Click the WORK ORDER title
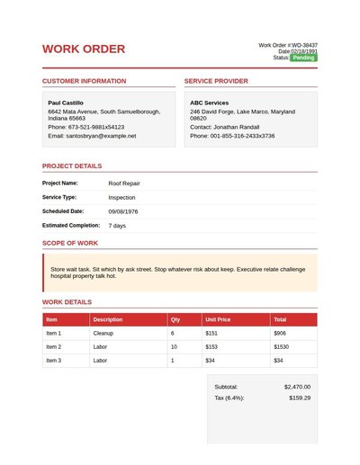(x=84, y=49)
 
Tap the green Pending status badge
(x=303, y=58)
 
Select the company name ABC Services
(x=209, y=103)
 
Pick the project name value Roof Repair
(x=124, y=183)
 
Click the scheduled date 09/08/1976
(x=123, y=210)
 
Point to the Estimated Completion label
(x=71, y=225)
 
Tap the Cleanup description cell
(x=103, y=333)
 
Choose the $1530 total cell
(x=281, y=346)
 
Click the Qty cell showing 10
(x=174, y=346)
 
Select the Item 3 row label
(x=53, y=360)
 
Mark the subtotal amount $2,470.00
(x=297, y=386)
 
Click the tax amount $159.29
(x=300, y=398)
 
